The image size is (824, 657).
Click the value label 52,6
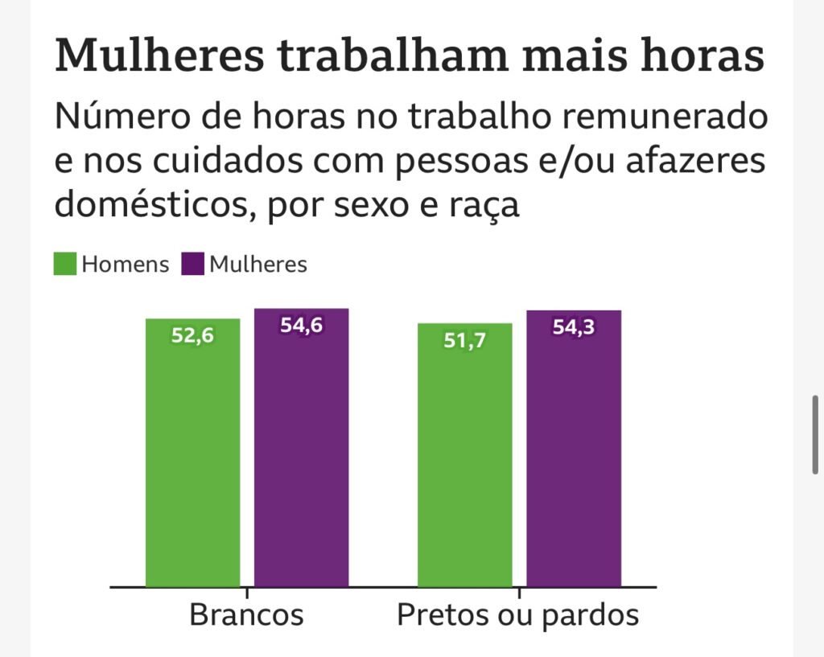click(192, 336)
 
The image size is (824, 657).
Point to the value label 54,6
click(301, 326)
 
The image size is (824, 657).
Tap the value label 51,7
click(465, 341)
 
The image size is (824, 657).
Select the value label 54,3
click(574, 327)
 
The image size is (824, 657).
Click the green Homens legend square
click(65, 264)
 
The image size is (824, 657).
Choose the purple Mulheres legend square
click(193, 264)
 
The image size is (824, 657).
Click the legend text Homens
click(126, 265)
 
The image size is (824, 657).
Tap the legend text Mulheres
click(258, 265)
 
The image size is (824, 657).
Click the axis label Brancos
click(246, 616)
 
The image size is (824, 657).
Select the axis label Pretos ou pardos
click(518, 616)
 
